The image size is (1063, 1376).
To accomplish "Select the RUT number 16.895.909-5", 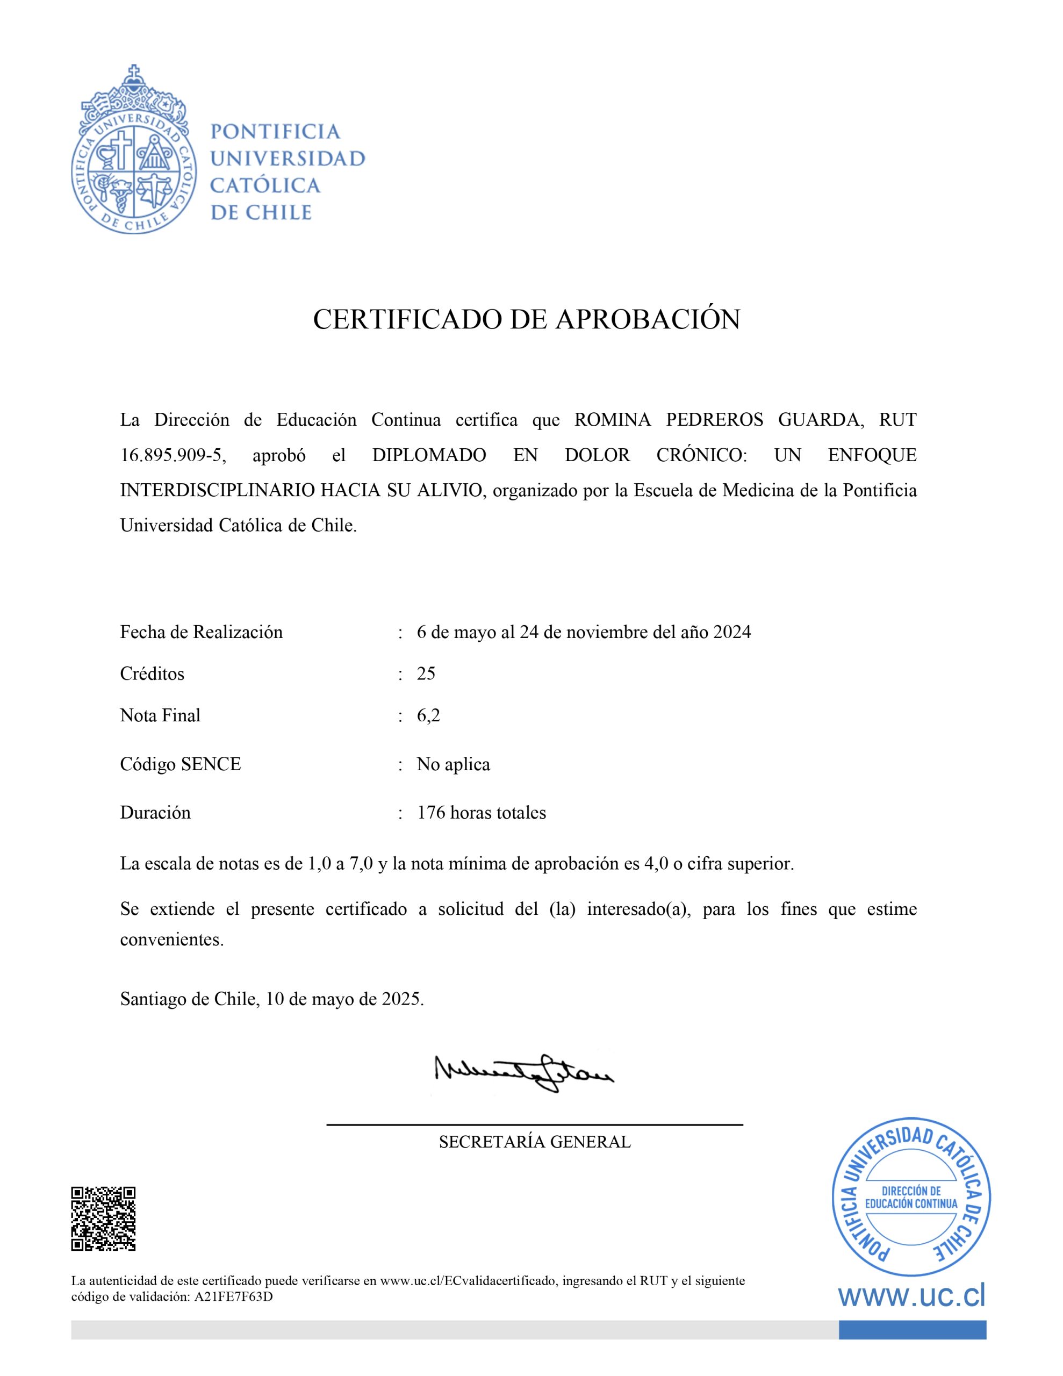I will coord(172,455).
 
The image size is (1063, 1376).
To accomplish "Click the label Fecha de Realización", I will coord(201,632).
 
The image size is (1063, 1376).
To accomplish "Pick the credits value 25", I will coord(426,673).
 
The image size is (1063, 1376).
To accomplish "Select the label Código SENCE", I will coord(180,764).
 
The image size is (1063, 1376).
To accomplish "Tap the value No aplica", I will coord(453,764).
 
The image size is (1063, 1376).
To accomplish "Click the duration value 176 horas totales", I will coord(482,813).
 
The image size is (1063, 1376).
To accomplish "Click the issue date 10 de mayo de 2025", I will coord(344,999).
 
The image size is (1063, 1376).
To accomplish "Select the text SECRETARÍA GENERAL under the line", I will coord(534,1142).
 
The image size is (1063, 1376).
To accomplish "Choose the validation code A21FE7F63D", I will coord(234,1297).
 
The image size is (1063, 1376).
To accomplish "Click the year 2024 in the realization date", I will coord(731,632).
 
